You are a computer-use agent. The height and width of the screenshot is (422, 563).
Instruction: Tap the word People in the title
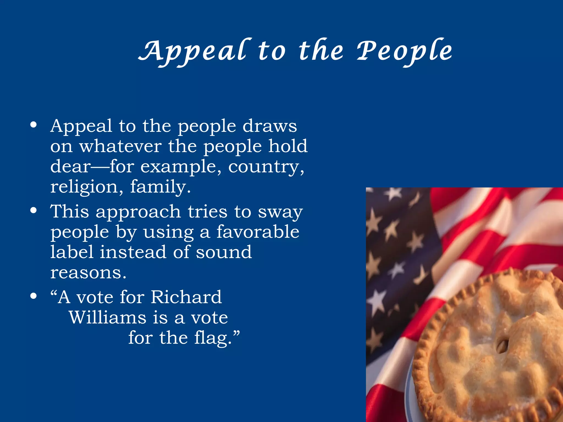click(404, 51)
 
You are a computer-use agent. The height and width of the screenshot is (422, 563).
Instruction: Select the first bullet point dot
click(34, 125)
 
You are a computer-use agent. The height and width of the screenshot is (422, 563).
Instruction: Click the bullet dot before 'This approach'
click(34, 211)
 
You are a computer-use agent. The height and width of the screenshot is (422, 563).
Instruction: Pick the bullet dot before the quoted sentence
click(34, 296)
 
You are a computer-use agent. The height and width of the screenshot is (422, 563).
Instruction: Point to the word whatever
click(120, 146)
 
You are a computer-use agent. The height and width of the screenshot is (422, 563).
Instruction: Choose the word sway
click(280, 212)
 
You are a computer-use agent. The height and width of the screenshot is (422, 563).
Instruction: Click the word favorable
click(258, 232)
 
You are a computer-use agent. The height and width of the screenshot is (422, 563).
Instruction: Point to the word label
click(72, 252)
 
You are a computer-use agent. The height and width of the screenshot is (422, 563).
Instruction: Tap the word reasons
click(88, 273)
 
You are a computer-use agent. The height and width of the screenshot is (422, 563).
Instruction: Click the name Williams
click(107, 318)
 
